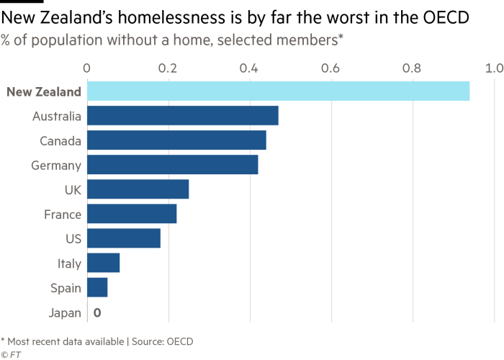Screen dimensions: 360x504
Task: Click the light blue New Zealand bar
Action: pos(278,91)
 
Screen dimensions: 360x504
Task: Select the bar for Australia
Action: pos(183,116)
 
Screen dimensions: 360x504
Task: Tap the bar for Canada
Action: pos(177,140)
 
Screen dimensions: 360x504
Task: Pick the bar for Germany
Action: pos(173,165)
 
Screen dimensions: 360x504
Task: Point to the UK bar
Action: pos(138,189)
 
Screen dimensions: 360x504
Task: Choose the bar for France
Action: pos(132,214)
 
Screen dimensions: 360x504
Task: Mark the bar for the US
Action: pos(124,238)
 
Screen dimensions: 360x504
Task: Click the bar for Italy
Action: pos(104,263)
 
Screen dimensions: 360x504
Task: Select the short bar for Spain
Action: pos(97,287)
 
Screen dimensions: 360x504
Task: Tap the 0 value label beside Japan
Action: pos(96,312)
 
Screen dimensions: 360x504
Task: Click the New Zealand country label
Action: pos(44,91)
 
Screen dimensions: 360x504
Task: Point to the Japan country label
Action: pos(65,312)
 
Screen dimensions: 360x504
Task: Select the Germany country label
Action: pos(57,165)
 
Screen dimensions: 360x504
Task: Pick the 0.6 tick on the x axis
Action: pos(331,68)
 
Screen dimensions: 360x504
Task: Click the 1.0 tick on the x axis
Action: pos(494,68)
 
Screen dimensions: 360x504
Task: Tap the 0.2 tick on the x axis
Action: pos(168,68)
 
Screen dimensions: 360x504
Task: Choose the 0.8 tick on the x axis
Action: pos(413,68)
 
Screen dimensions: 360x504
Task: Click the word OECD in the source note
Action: pos(180,341)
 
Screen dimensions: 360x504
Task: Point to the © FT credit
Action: pos(9,354)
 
